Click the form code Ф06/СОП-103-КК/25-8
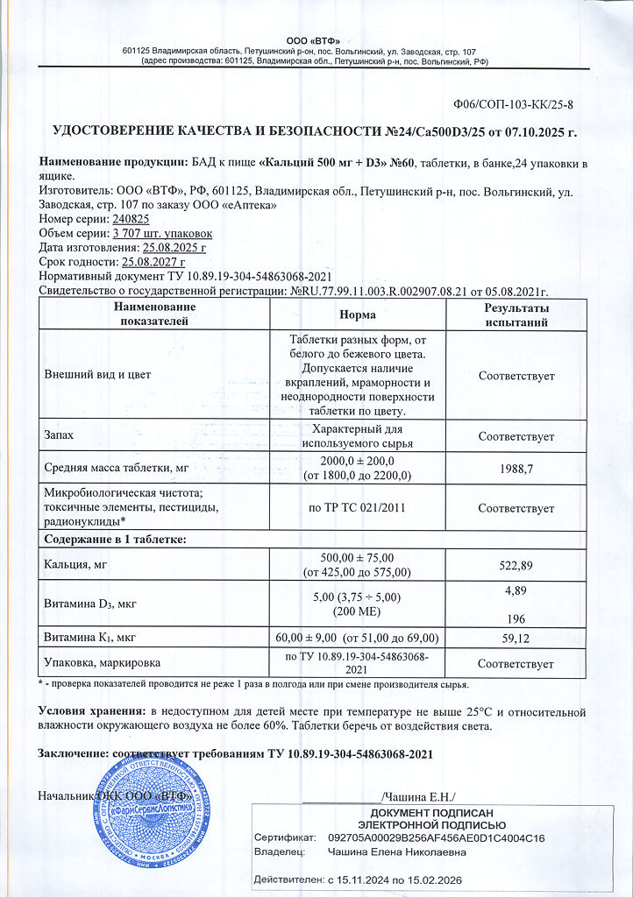[514, 105]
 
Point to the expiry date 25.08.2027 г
[153, 262]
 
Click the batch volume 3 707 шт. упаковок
[162, 233]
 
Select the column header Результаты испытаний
[516, 314]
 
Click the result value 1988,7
[516, 469]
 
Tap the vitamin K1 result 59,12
[516, 639]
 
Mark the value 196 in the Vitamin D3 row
[516, 615]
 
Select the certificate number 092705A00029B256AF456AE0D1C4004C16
[436, 838]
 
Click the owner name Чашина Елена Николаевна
[396, 851]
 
